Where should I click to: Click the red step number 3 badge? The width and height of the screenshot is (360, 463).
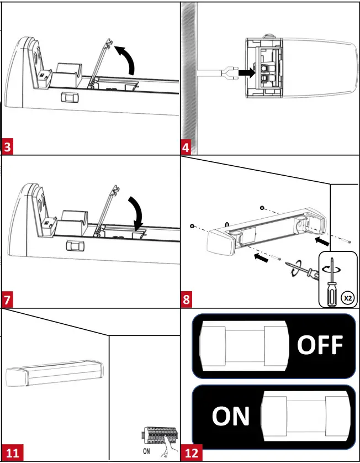8,148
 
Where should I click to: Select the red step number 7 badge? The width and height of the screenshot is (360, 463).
8,301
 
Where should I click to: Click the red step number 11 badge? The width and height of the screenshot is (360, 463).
12,454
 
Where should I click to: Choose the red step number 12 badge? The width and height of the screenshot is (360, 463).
192,454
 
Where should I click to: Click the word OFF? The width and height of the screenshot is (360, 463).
320,345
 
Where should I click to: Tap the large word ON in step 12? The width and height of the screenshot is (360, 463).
231,416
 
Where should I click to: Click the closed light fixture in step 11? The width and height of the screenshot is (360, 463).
55,375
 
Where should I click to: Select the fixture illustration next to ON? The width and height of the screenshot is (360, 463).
305,415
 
